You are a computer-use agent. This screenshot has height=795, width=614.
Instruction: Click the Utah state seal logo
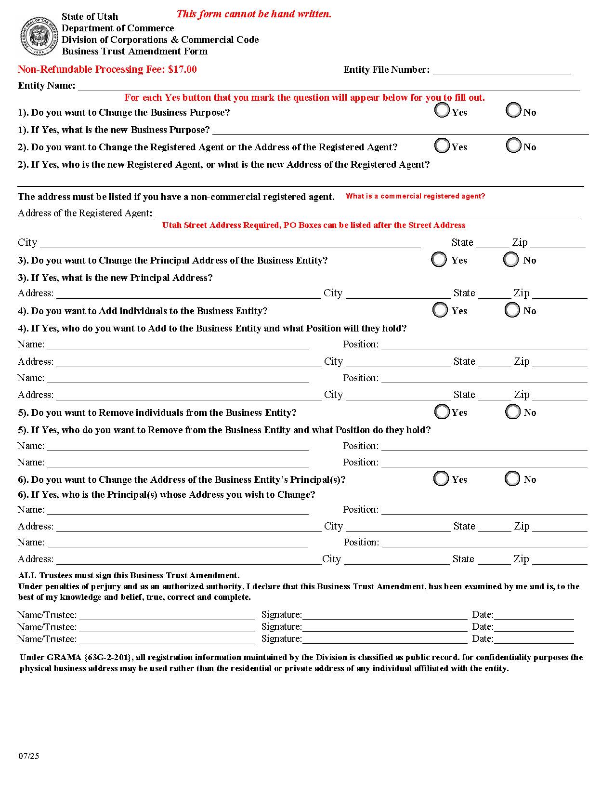coord(39,36)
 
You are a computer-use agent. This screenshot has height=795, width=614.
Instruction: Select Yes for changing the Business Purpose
coord(442,110)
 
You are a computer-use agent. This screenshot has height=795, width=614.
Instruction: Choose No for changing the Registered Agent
coord(513,145)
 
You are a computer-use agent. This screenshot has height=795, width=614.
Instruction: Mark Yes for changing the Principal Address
coord(439,259)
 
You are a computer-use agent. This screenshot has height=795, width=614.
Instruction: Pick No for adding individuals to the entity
coord(512,310)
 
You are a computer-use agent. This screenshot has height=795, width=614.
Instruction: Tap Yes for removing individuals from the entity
coord(442,411)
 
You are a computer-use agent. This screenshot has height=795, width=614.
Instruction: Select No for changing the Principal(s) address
coord(512,478)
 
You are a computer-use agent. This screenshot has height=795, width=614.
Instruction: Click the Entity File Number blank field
coord(501,70)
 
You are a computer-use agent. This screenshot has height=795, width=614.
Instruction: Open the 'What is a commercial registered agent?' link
coord(415,196)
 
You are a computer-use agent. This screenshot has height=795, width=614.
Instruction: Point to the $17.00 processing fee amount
coord(182,69)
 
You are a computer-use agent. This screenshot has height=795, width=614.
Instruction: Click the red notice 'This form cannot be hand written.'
coord(254,14)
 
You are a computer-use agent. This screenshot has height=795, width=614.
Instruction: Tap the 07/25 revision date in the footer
coord(29,755)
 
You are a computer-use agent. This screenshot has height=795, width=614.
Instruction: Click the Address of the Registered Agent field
coord(366,214)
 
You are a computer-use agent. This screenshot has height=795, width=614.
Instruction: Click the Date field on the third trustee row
coord(534,639)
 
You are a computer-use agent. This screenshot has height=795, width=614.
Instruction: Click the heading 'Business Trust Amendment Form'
coord(135,52)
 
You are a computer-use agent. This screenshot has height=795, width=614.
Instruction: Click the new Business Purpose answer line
coord(400,130)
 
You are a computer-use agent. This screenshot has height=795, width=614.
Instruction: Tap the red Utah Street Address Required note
coord(314,225)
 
